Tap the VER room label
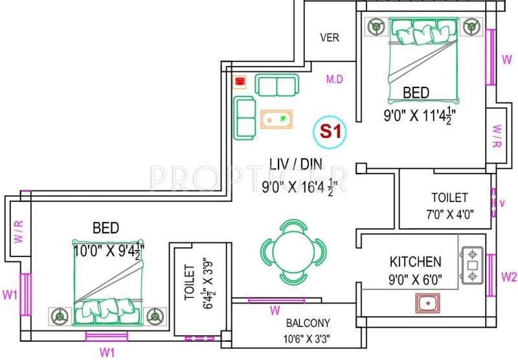point(330,38)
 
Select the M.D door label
point(334,80)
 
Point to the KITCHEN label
point(415,262)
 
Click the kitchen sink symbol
point(427,302)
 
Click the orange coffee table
point(276,119)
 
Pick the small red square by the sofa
point(240,82)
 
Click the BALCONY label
point(308,323)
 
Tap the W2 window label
point(510,277)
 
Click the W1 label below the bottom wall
point(107,352)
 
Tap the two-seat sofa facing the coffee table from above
point(277,85)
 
